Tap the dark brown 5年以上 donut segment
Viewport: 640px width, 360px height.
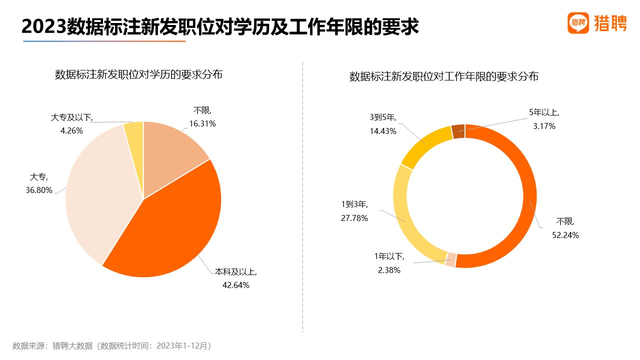(458, 131)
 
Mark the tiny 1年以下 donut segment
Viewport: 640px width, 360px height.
(450, 259)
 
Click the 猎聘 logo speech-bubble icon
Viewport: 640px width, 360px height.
(578, 22)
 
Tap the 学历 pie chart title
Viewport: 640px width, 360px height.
(138, 75)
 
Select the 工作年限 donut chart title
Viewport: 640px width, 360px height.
(443, 77)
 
